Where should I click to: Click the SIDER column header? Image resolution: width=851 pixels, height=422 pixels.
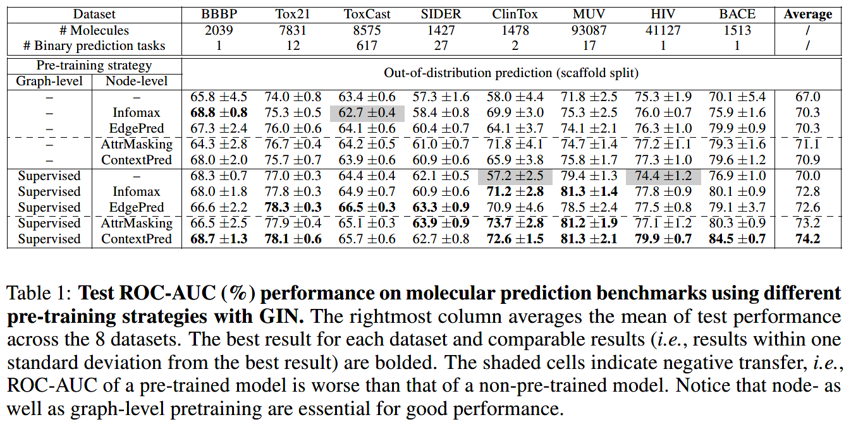[441, 15]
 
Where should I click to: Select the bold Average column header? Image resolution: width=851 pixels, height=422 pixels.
[809, 15]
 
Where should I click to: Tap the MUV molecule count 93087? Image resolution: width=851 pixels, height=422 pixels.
[589, 30]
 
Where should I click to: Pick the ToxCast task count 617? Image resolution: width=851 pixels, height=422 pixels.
[367, 45]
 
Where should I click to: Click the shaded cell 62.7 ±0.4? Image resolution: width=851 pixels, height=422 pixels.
[367, 113]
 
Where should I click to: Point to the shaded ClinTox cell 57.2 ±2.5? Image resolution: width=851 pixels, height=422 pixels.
[515, 176]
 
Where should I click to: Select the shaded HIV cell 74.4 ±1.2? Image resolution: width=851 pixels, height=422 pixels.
[663, 176]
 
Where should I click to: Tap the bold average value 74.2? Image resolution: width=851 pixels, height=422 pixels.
[809, 239]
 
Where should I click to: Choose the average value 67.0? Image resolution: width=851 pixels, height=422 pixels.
[809, 97]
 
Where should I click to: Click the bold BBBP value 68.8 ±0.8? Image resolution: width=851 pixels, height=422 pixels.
[219, 113]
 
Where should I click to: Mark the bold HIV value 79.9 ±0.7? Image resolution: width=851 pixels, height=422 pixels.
[663, 239]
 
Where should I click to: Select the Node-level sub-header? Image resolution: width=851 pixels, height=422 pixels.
[137, 81]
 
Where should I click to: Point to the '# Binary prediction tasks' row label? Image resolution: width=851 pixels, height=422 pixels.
[93, 45]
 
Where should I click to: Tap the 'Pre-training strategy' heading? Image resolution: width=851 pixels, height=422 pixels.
[94, 65]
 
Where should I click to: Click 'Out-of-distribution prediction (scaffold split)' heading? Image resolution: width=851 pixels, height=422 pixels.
[511, 73]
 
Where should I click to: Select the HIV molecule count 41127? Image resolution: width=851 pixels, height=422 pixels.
[663, 30]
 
